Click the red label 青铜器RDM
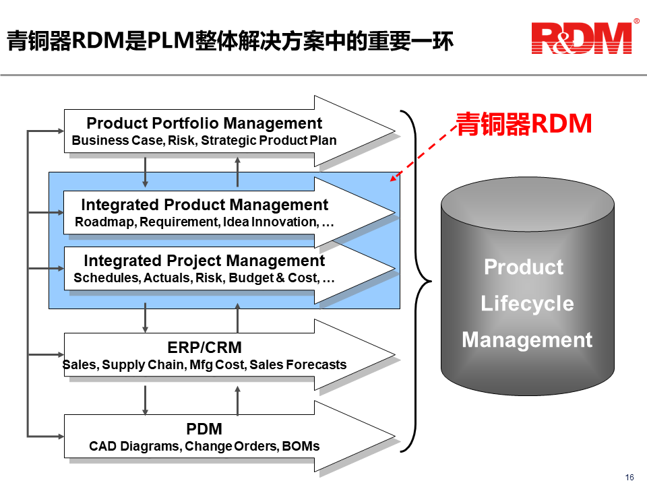(x=524, y=124)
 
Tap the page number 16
(x=629, y=478)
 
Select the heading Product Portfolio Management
(x=204, y=123)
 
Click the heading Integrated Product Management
(x=204, y=205)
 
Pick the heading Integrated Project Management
(x=204, y=261)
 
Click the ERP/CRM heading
(x=204, y=348)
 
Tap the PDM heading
(x=204, y=429)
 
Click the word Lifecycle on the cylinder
(x=527, y=303)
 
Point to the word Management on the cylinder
(x=527, y=339)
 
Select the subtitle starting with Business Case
(x=204, y=141)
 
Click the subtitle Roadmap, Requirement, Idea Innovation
(x=204, y=222)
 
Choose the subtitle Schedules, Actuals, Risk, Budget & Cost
(x=204, y=278)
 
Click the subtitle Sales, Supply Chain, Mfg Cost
(x=204, y=365)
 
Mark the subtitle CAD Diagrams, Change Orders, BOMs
(x=204, y=446)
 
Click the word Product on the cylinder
(x=524, y=267)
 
